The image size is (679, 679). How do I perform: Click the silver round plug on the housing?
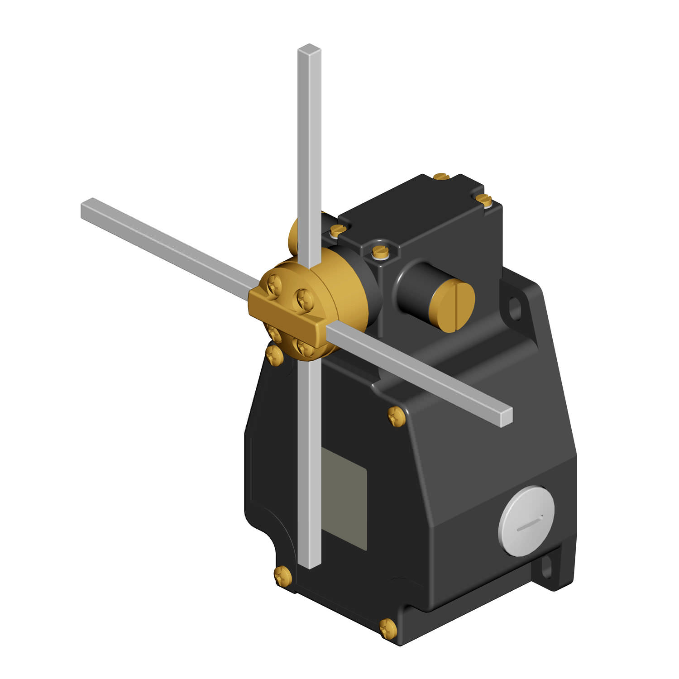(526, 521)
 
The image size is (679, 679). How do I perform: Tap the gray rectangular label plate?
(344, 498)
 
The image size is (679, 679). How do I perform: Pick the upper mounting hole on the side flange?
(515, 308)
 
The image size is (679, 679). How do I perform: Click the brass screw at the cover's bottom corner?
(387, 628)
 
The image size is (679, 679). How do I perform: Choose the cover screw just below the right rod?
(397, 416)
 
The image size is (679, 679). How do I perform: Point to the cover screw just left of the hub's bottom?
(274, 355)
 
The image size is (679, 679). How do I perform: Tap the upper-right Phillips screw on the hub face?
(302, 298)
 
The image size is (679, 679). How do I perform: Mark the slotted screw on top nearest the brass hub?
(337, 230)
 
